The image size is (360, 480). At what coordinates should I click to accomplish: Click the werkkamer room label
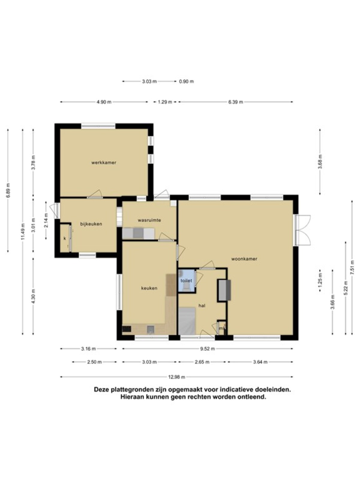point(103,163)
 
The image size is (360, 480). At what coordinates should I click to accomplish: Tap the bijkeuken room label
point(91,224)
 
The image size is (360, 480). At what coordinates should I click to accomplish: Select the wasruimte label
point(149,220)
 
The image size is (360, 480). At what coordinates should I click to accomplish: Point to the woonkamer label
point(244,259)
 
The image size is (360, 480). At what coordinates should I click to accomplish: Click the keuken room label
point(149,288)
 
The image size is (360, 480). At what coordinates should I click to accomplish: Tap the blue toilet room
point(186,281)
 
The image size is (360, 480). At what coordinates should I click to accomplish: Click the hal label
point(202,306)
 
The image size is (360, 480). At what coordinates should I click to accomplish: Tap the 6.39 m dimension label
point(235,102)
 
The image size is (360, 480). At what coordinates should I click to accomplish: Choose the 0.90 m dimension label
point(186,82)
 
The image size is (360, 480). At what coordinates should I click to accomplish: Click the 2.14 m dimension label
point(46,220)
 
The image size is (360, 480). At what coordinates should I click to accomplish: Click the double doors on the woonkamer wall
point(302,230)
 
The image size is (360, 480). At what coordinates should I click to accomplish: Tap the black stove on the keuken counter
point(127,329)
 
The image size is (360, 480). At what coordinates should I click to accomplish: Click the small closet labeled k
point(65,238)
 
